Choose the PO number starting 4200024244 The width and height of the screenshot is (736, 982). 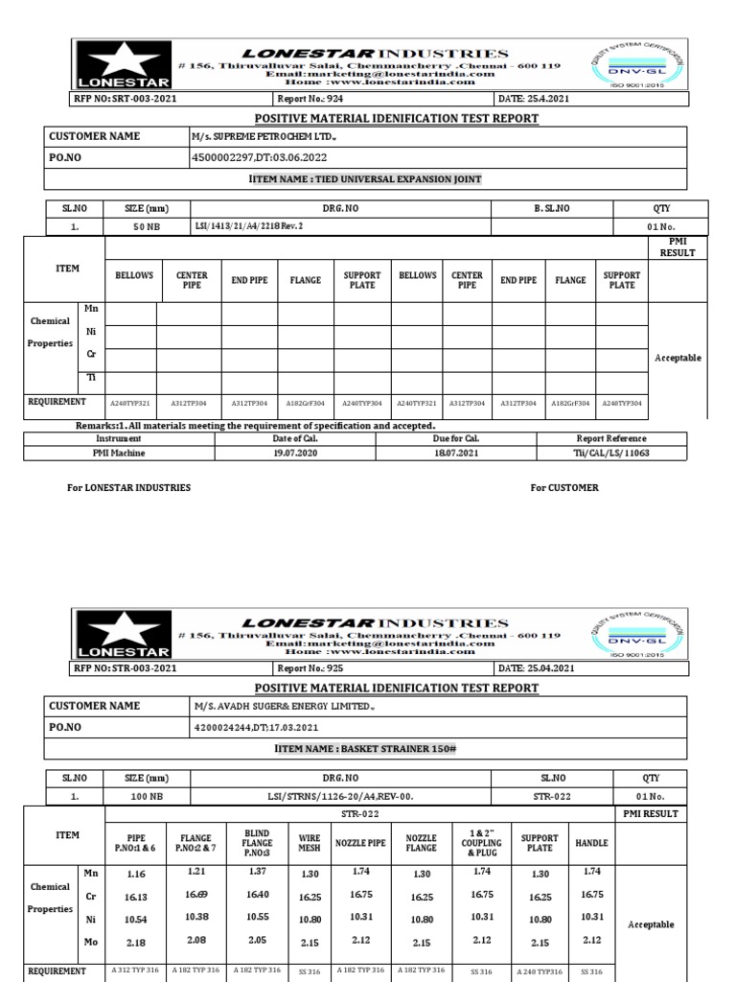(254, 728)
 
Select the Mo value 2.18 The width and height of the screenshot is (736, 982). (136, 944)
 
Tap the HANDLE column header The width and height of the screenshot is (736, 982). (590, 842)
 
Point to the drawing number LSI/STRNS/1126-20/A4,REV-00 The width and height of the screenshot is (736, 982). (341, 796)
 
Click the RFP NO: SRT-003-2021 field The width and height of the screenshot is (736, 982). (126, 99)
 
